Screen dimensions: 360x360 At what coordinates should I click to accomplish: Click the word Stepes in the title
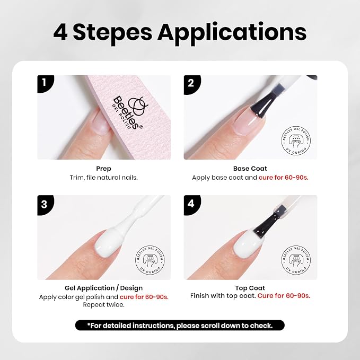pyautogui.click(x=112, y=32)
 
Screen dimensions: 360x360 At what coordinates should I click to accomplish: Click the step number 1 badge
pyautogui.click(x=45, y=84)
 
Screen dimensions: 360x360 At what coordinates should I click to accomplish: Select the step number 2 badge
pyautogui.click(x=192, y=84)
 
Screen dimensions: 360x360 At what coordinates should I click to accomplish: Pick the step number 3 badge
pyautogui.click(x=45, y=205)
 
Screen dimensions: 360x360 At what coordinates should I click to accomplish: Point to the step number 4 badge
pyautogui.click(x=192, y=204)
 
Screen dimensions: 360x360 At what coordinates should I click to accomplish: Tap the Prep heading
pyautogui.click(x=103, y=169)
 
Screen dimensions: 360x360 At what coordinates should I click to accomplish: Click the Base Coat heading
pyautogui.click(x=250, y=169)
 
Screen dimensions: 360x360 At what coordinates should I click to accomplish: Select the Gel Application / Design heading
pyautogui.click(x=103, y=288)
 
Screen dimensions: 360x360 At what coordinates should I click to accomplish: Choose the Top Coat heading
pyautogui.click(x=250, y=288)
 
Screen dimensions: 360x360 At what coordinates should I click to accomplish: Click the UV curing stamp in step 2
pyautogui.click(x=296, y=141)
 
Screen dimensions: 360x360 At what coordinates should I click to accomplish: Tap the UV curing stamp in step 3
pyautogui.click(x=150, y=260)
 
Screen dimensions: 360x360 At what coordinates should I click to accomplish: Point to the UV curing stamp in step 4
pyautogui.click(x=296, y=260)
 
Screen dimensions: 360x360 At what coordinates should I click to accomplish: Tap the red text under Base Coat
pyautogui.click(x=284, y=178)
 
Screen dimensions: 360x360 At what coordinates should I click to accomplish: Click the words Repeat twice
pyautogui.click(x=103, y=305)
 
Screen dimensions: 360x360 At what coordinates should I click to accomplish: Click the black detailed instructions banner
pyautogui.click(x=180, y=326)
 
